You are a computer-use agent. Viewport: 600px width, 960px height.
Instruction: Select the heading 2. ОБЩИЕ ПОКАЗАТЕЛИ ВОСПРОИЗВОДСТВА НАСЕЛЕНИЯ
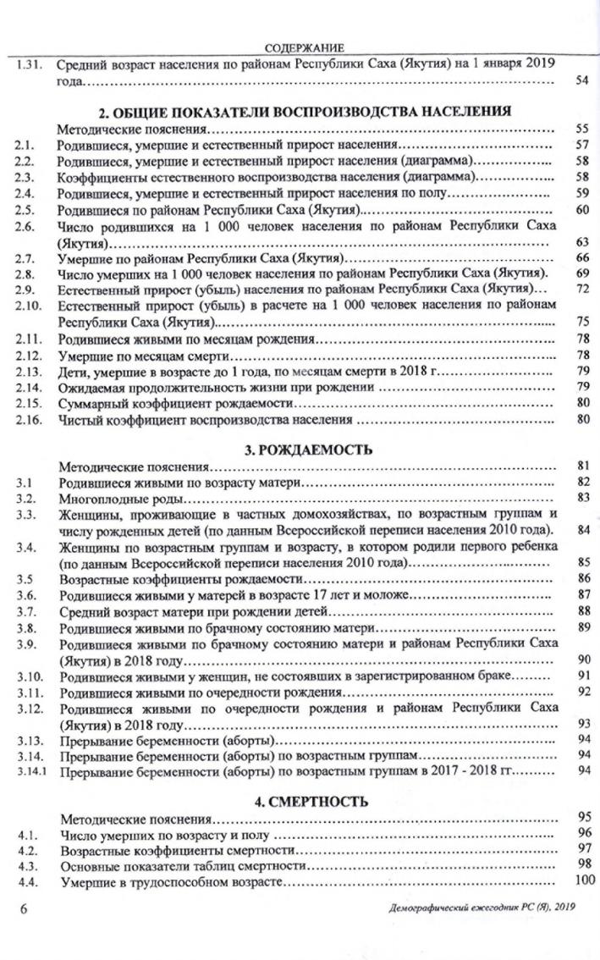(305, 112)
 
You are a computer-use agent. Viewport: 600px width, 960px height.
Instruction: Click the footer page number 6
(24, 909)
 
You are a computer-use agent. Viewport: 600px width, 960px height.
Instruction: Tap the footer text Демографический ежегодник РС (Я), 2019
(479, 909)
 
